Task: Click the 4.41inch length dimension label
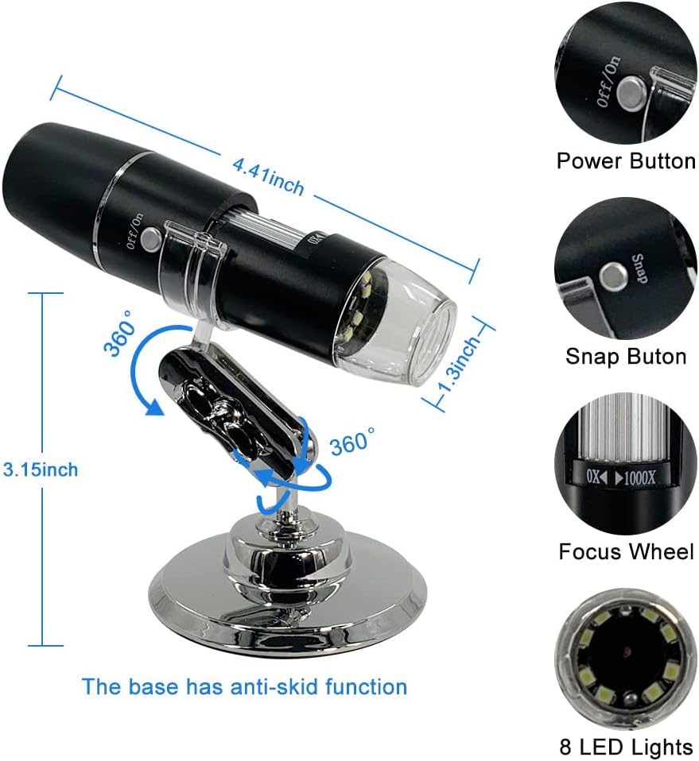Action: click(268, 176)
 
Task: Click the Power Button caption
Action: click(625, 161)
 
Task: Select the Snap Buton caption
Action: click(625, 356)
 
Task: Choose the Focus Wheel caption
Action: click(625, 551)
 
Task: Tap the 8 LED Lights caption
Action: click(625, 747)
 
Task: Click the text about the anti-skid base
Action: click(245, 686)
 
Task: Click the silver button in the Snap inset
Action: click(612, 276)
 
